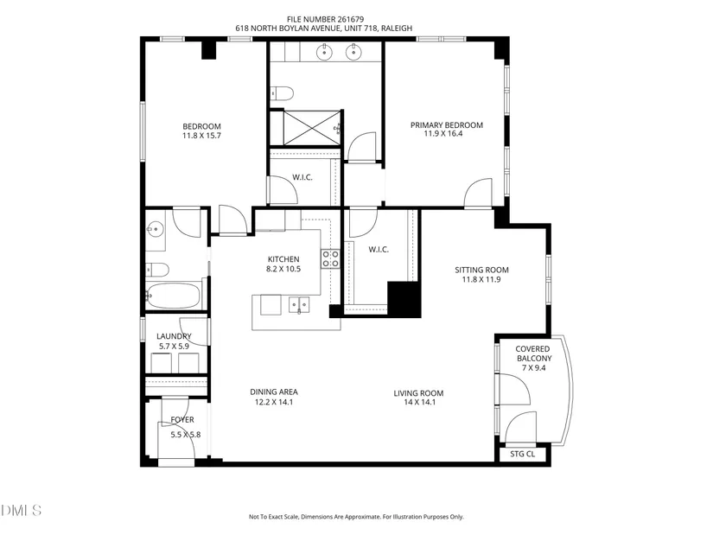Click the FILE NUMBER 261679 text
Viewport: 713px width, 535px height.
coord(325,19)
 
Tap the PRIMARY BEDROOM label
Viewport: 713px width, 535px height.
coord(447,125)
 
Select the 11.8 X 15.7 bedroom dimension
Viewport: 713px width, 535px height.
coord(202,136)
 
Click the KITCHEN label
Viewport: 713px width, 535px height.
coord(283,259)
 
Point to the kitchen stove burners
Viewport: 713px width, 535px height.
coord(331,258)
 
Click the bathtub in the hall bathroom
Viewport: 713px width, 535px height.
coord(173,296)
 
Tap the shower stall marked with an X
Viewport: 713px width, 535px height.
coord(311,128)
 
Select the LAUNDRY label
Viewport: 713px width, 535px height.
coord(174,336)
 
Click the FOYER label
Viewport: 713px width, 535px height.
coord(182,419)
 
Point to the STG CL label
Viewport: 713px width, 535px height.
coord(523,454)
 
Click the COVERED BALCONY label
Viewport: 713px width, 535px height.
coord(533,353)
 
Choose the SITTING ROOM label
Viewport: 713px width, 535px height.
coord(481,270)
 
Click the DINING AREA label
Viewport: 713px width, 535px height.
coord(274,392)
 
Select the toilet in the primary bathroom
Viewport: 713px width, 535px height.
coord(282,93)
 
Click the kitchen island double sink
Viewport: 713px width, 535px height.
coord(299,305)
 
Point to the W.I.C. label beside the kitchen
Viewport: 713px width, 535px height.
coord(379,249)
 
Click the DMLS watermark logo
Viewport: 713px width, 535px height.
coord(21,511)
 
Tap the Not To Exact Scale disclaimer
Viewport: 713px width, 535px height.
coord(356,517)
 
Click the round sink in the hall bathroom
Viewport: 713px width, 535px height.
coord(156,229)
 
